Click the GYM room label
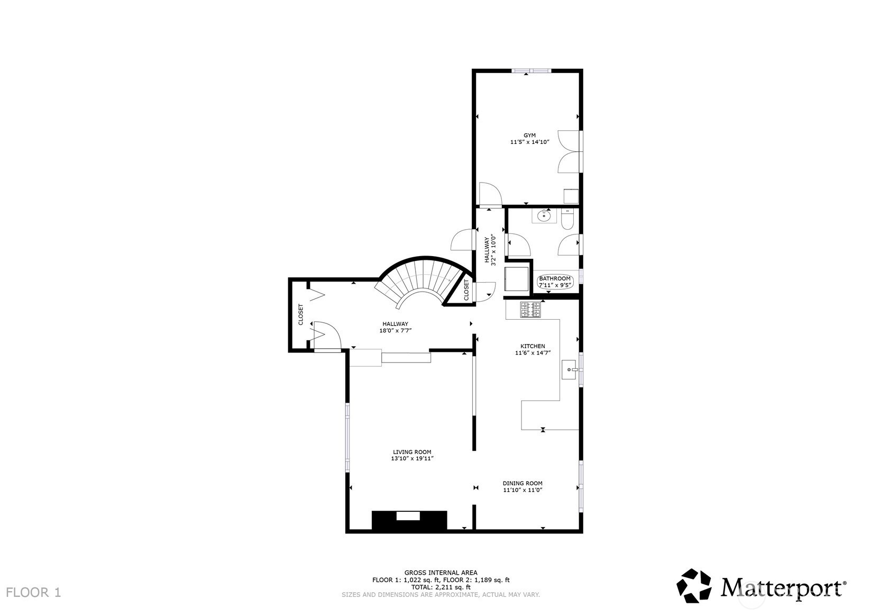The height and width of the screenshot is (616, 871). [529, 135]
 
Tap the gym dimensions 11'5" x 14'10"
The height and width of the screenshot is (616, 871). [529, 142]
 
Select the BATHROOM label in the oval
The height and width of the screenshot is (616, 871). [555, 278]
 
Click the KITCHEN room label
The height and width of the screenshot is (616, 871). [533, 346]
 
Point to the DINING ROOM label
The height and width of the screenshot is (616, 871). [522, 483]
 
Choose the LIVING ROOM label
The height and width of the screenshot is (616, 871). [412, 452]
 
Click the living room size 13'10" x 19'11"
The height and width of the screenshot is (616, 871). [412, 458]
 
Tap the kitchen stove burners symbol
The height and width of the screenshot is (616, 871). [530, 310]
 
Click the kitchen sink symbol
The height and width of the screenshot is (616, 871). [569, 370]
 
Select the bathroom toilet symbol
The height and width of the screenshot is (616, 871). [567, 219]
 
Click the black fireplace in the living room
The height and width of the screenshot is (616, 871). [409, 520]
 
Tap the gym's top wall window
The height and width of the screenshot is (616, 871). [531, 71]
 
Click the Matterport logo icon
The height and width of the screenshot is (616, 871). [694, 586]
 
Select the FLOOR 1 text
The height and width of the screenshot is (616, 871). [33, 593]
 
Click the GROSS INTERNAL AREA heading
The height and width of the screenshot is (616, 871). [441, 573]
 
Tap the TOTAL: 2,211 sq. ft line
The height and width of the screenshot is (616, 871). [441, 587]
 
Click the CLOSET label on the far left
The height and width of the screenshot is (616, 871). [300, 314]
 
